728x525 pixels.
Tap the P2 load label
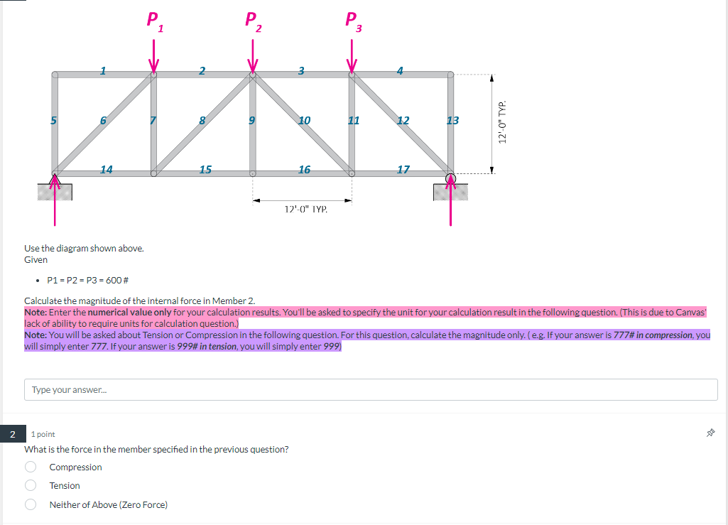coord(253,21)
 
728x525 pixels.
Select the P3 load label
coord(353,21)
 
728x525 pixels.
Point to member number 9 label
coord(251,120)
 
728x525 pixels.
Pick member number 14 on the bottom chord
coord(106,169)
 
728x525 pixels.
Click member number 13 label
coord(452,120)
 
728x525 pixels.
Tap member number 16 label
coord(304,169)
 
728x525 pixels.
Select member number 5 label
coord(53,120)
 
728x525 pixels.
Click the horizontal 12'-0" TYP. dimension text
coord(305,210)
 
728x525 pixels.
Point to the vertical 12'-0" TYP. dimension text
coord(502,122)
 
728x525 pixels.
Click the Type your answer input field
coord(371,389)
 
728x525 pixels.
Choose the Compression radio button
coord(31,467)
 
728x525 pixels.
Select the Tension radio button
coord(31,485)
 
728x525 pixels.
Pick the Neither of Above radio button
coord(31,504)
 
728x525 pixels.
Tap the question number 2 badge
coord(11,433)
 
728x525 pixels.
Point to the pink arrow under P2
coord(253,55)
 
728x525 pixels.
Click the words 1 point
coord(43,433)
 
